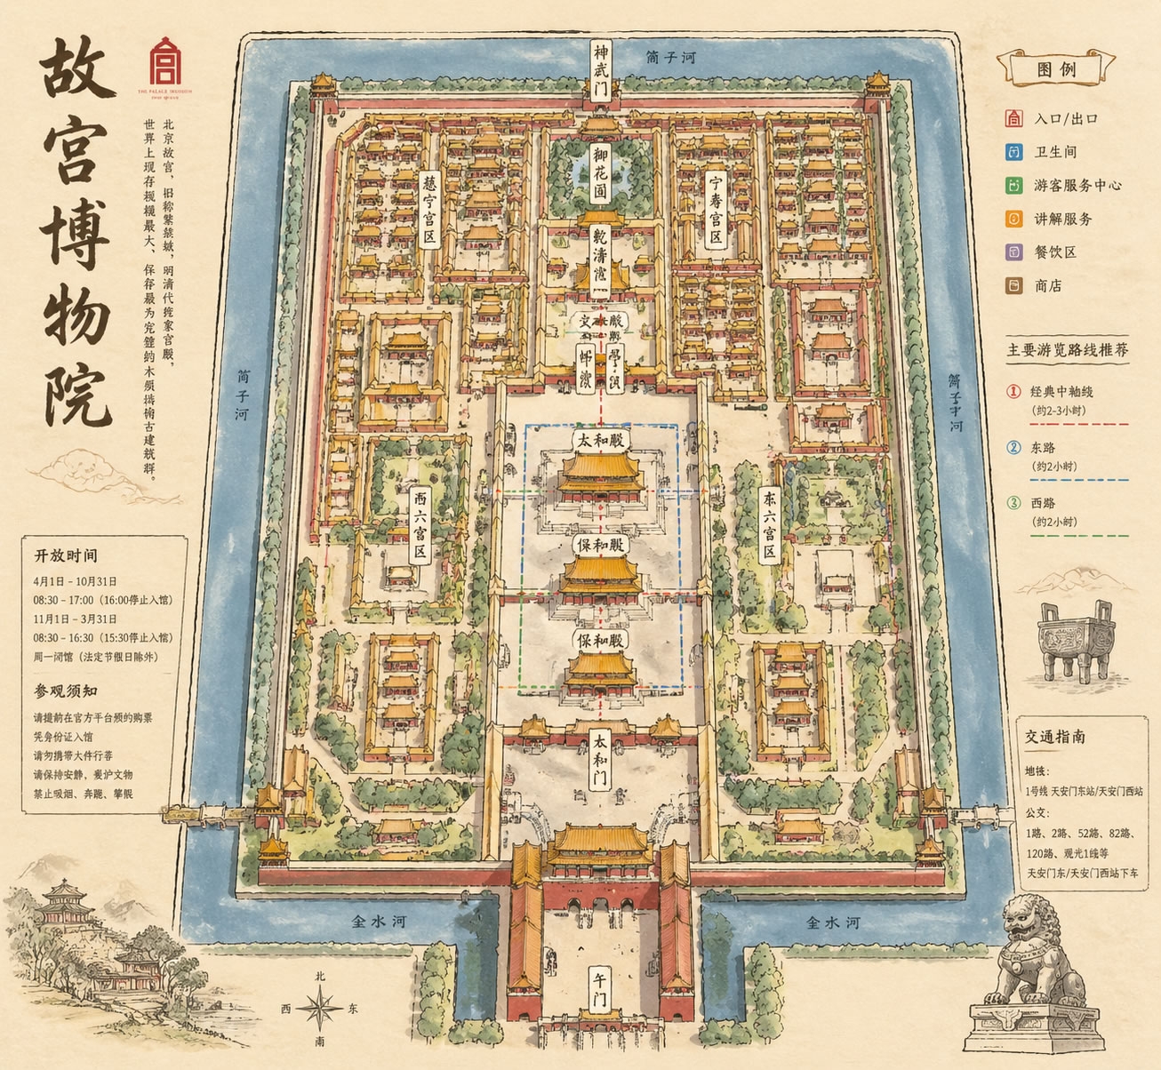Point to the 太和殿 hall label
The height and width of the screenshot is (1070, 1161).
pos(600,441)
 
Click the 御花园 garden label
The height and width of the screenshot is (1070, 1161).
pos(602,172)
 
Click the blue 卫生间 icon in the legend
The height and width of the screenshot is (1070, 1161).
pos(1013,152)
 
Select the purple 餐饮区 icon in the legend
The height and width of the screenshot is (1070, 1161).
pos(1013,252)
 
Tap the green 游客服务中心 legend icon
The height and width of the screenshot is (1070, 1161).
pos(1013,186)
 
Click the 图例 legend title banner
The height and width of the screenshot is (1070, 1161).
pos(1056,68)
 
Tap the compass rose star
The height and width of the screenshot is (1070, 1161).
pos(320,1009)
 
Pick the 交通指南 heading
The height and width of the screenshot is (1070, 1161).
pos(1055,737)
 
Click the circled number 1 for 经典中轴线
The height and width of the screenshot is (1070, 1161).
pos(1013,391)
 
